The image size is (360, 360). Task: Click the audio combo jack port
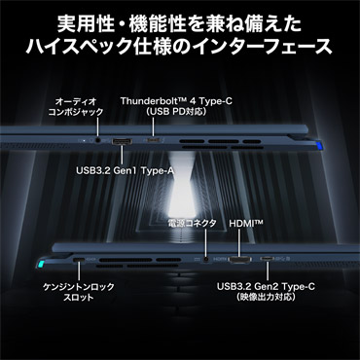point(97,141)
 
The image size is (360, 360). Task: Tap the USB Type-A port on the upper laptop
point(122,141)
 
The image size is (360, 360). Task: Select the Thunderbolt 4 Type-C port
point(154,140)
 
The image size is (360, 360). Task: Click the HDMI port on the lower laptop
point(239,259)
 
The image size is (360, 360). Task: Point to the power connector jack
point(206,259)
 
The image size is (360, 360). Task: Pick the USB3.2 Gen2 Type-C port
point(268,259)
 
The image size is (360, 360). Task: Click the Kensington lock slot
point(79,260)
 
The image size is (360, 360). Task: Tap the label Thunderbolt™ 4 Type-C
point(176,101)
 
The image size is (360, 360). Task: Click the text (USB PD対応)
point(176,112)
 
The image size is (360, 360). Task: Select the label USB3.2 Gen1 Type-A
point(125,171)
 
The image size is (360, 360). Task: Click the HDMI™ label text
point(246,224)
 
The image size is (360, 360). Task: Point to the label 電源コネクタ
point(193,224)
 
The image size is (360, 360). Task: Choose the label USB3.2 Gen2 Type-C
point(266,287)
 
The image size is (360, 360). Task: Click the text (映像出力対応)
point(266,297)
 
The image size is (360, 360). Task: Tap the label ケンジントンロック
point(79,287)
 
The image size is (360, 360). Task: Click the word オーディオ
point(76,101)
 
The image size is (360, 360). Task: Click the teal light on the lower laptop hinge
point(41,263)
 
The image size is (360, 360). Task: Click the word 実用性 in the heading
point(85,24)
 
